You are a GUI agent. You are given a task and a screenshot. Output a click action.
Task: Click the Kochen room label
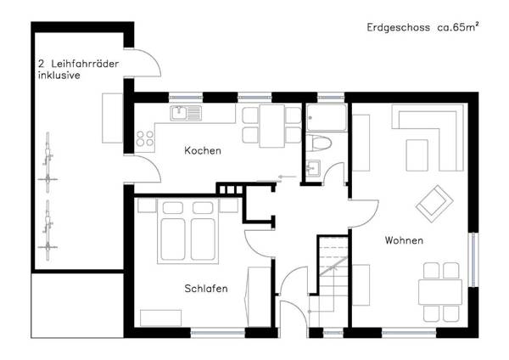pos(203,151)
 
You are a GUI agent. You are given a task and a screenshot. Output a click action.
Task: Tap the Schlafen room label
pos(205,289)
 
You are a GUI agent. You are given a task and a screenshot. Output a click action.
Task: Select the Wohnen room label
pos(403,241)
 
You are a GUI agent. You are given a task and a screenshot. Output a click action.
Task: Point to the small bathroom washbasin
pos(312,166)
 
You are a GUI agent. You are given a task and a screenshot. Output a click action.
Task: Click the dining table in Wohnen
pos(440,292)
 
